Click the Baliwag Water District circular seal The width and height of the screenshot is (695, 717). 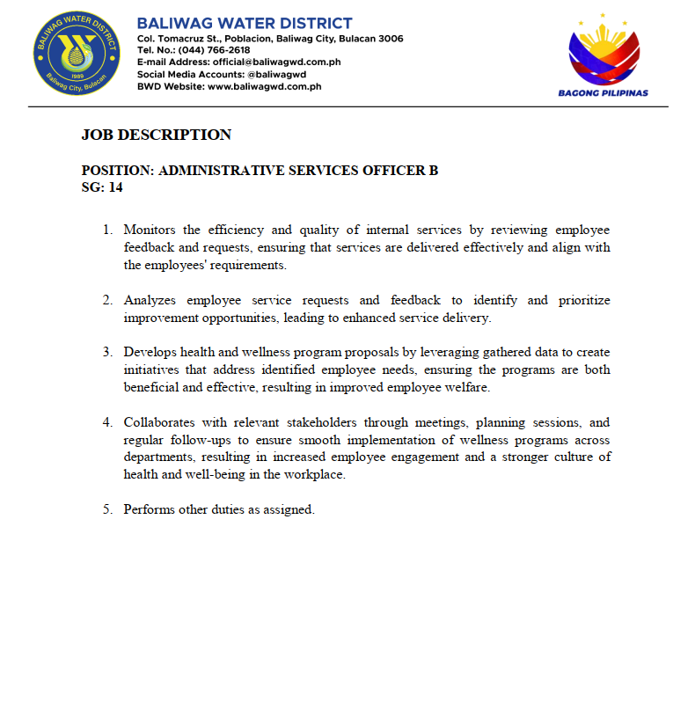tap(75, 55)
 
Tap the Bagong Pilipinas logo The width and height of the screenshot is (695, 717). tap(604, 55)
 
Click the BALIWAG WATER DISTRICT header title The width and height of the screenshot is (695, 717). tap(245, 24)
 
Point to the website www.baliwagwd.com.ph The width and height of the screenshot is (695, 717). tap(264, 86)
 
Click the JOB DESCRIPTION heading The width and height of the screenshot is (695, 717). tap(157, 135)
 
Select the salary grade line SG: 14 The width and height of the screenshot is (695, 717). tap(102, 187)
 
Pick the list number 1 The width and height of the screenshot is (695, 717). tap(107, 230)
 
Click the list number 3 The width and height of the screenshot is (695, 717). tap(107, 353)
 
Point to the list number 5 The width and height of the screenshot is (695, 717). tap(107, 509)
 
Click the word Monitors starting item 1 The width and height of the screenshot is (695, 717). tap(150, 230)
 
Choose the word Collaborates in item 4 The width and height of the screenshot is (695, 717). tap(159, 422)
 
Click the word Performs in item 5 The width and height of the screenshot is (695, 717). tap(149, 509)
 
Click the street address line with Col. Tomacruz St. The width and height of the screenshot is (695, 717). tap(270, 39)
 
